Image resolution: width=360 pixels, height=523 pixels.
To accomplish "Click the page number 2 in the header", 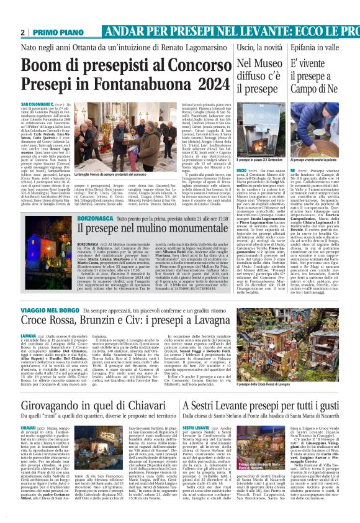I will click(x=22, y=32).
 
